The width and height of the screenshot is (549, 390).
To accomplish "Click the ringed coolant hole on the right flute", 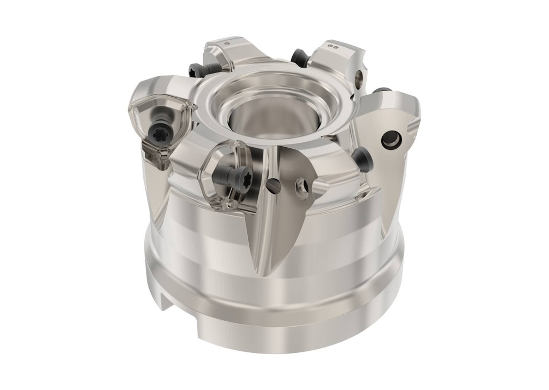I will point(391,140).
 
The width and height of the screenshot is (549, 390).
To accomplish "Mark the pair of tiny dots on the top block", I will point(335,47).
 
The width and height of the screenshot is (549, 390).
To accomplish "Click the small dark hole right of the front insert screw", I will point(274,185).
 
